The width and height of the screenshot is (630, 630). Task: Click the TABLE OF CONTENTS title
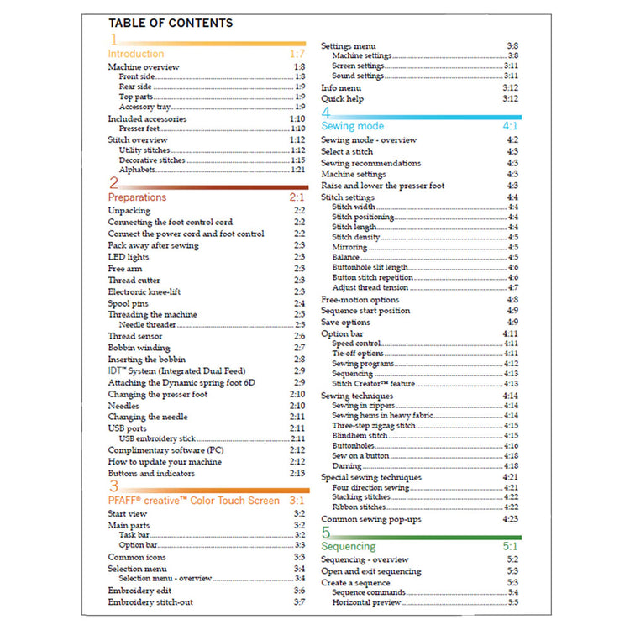[x=171, y=23]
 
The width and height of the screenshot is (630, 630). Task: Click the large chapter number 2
[x=113, y=182]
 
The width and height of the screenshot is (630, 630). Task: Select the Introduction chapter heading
[x=136, y=54]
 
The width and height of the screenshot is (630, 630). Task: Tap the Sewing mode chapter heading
[x=352, y=126]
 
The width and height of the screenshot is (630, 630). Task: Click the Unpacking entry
[x=129, y=210]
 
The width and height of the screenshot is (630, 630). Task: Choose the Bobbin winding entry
[x=139, y=347]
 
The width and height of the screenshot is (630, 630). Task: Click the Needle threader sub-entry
[x=147, y=324]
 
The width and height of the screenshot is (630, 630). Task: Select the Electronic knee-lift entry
[x=144, y=291]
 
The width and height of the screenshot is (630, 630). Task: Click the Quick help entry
[x=341, y=98]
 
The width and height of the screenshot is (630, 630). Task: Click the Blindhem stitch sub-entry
[x=360, y=436]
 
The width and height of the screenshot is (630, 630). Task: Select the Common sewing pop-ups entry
[x=370, y=519]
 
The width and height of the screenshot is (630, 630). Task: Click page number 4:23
[x=510, y=519]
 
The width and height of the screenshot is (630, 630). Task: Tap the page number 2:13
[x=297, y=473]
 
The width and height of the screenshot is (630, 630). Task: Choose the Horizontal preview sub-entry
[x=366, y=602]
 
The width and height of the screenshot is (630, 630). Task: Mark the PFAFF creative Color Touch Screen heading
[x=194, y=501]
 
